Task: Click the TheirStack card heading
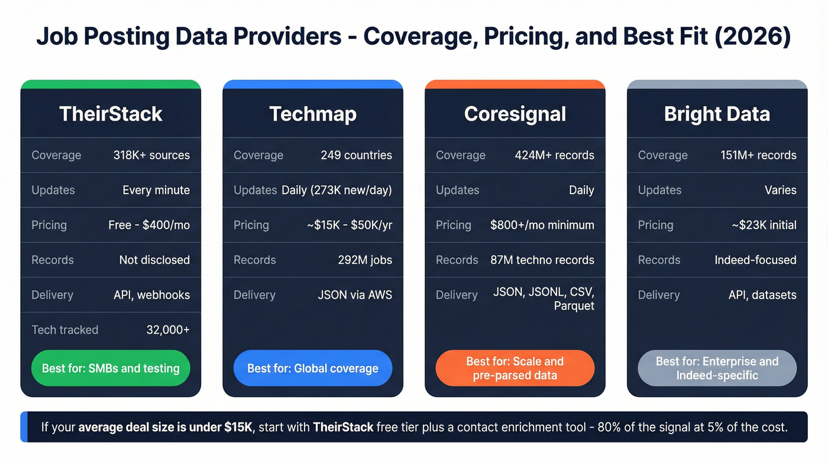tap(111, 114)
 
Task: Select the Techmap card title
tap(313, 114)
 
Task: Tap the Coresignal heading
tap(515, 114)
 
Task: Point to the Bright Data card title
tap(717, 114)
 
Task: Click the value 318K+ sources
tap(151, 155)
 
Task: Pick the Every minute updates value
tap(156, 190)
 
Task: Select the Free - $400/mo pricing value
tap(149, 225)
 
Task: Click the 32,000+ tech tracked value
tap(168, 329)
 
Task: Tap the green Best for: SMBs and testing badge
tap(111, 368)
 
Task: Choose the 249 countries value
tap(356, 155)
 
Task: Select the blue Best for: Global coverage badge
tap(313, 368)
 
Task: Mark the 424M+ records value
tap(554, 155)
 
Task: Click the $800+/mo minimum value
tap(542, 225)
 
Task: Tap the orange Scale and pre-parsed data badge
tap(515, 368)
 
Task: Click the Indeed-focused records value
tap(755, 260)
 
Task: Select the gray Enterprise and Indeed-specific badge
tap(717, 368)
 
